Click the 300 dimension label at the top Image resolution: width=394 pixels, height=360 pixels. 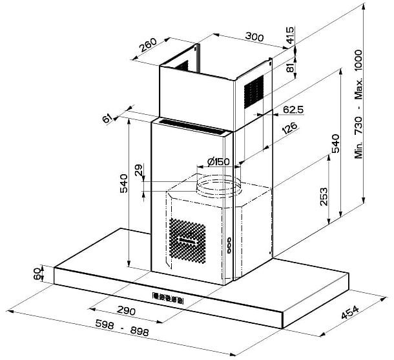254,37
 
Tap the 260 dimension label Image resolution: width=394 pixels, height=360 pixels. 148,45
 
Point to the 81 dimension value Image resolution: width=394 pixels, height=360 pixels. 290,68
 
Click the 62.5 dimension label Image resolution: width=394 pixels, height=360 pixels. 293,110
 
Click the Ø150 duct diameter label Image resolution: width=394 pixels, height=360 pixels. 218,162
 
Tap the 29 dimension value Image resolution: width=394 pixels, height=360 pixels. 138,170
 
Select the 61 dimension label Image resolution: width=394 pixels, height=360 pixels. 107,118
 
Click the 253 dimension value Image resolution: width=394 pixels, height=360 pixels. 324,197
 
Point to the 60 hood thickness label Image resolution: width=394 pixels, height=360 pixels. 37,274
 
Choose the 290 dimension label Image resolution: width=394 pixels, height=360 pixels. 126,311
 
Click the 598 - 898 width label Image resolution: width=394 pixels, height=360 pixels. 122,328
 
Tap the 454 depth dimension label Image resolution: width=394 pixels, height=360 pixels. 350,312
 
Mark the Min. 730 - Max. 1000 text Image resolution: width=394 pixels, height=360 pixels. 358,104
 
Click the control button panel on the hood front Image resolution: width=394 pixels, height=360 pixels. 168,298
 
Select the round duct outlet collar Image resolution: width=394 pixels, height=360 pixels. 218,186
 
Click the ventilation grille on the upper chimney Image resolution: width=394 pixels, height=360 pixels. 254,92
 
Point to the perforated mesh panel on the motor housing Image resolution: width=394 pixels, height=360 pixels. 187,241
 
